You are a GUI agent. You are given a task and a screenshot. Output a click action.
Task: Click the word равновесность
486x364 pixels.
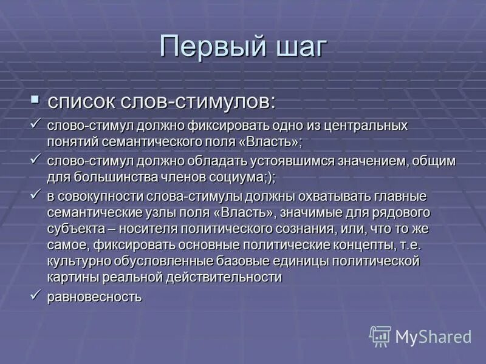[x=95, y=297]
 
